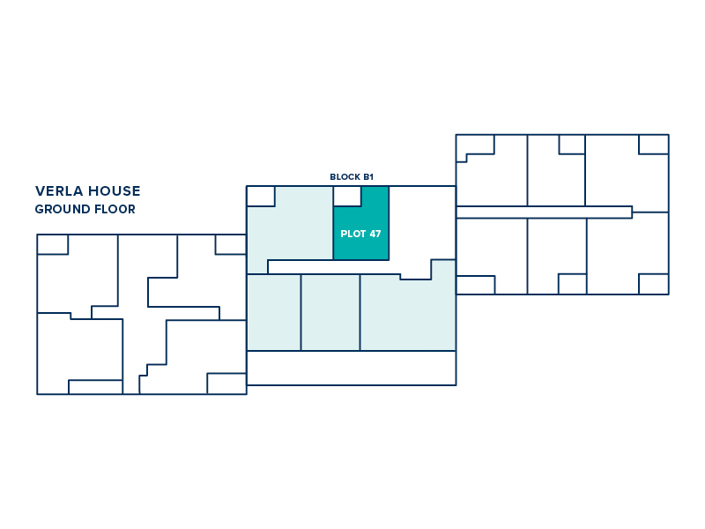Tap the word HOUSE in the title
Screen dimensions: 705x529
click(115, 191)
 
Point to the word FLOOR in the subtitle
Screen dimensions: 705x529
click(112, 209)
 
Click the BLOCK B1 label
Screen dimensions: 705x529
click(352, 177)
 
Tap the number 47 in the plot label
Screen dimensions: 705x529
click(375, 234)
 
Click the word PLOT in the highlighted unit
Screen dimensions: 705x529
click(353, 234)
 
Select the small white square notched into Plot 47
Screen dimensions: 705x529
click(347, 196)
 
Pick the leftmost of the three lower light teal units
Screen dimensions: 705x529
click(274, 312)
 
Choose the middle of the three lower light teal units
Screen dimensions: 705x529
click(330, 312)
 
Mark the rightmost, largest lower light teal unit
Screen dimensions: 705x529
click(407, 315)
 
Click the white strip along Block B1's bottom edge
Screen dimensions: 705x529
click(351, 368)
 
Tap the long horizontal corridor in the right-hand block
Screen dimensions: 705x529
click(545, 212)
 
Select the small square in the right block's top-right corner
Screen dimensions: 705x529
click(654, 145)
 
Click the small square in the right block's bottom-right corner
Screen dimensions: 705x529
click(654, 284)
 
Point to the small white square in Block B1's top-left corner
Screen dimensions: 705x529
click(261, 197)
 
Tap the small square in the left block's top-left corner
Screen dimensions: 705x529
click(53, 244)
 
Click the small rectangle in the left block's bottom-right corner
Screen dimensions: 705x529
click(226, 384)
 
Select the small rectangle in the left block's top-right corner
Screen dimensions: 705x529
click(231, 244)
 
